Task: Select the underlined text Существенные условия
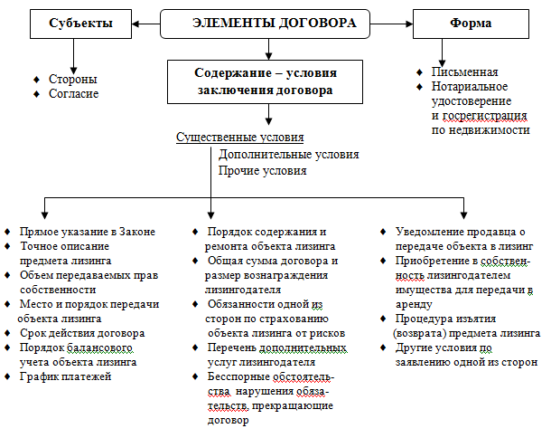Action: click(239, 138)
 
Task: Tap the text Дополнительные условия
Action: click(288, 154)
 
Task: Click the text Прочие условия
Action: click(262, 170)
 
